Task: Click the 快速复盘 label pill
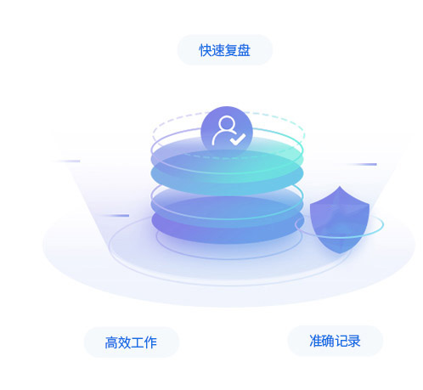(x=225, y=50)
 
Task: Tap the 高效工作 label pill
(x=132, y=342)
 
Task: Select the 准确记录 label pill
(x=336, y=341)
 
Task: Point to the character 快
(x=206, y=50)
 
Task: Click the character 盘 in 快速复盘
(x=244, y=50)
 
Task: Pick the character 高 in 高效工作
(x=111, y=342)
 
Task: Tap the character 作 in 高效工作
(x=150, y=342)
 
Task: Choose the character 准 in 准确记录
(x=316, y=341)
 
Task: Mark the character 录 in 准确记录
(x=354, y=341)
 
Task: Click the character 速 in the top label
(x=218, y=50)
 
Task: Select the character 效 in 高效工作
(x=124, y=342)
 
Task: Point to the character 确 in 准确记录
(x=329, y=341)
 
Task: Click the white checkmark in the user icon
(x=237, y=139)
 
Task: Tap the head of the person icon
(x=227, y=123)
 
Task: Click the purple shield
(x=340, y=219)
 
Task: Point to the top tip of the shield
(x=340, y=186)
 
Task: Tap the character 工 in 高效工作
(x=137, y=342)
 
